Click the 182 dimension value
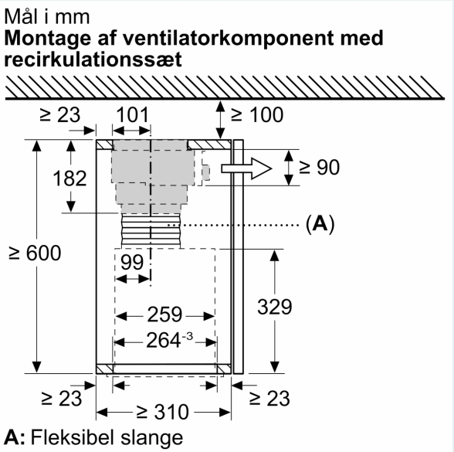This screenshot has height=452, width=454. (69, 178)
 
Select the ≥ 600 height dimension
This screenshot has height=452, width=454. (35, 253)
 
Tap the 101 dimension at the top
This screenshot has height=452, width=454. (133, 114)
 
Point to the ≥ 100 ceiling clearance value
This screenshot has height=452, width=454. (257, 114)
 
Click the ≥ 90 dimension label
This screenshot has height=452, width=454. (319, 167)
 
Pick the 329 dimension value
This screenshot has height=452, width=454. (275, 307)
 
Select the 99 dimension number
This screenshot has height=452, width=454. (132, 262)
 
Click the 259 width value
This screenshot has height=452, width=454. (164, 314)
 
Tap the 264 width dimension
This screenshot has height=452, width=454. (169, 340)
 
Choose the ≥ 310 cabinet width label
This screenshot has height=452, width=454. (163, 412)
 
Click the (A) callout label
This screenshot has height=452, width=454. (320, 224)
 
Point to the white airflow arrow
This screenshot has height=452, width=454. (246, 168)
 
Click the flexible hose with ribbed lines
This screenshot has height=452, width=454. (151, 231)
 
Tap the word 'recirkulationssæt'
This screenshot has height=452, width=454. (93, 59)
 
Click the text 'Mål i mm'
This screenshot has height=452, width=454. (47, 17)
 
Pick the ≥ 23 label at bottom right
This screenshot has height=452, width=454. (269, 399)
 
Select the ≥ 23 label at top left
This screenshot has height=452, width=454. (60, 114)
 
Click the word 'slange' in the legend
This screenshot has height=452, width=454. (151, 437)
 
